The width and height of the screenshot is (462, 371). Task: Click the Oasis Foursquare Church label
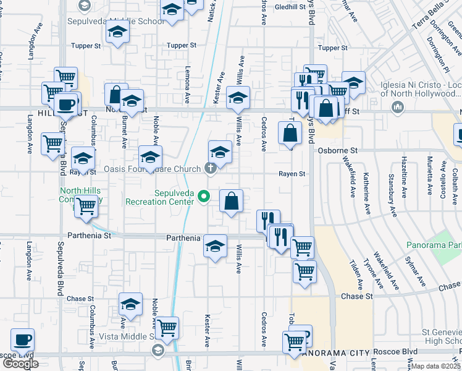153,168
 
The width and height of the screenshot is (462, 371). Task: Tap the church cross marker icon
210,168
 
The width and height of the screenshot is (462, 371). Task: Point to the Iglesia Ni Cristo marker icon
396,108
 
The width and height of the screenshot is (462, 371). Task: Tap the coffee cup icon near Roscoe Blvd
23,339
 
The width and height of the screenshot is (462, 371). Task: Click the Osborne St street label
338,150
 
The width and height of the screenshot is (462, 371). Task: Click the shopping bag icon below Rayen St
231,201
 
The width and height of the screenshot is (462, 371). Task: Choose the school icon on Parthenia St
214,246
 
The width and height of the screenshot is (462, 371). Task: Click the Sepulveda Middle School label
130,21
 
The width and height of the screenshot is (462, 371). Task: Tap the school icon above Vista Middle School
130,304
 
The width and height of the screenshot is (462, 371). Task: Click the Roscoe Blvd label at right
402,351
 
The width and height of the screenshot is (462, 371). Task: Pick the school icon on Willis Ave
238,97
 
